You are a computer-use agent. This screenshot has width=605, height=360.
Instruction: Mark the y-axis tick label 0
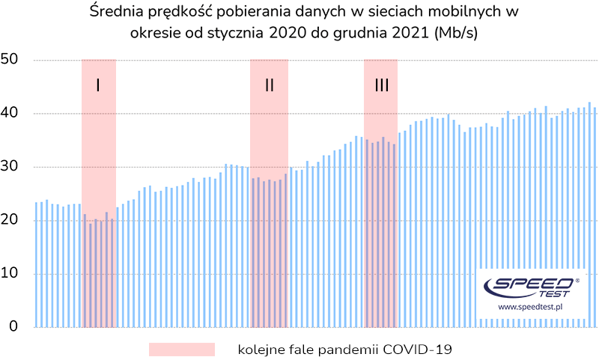(x=12, y=327)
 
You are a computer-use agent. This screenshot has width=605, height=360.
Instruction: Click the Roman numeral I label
(x=98, y=85)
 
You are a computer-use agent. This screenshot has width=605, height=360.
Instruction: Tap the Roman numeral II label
(x=270, y=85)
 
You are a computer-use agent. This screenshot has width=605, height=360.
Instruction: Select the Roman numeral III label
(x=381, y=85)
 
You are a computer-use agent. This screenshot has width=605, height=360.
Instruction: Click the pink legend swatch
(x=181, y=350)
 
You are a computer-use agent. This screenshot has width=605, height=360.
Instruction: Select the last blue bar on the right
(x=595, y=217)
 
